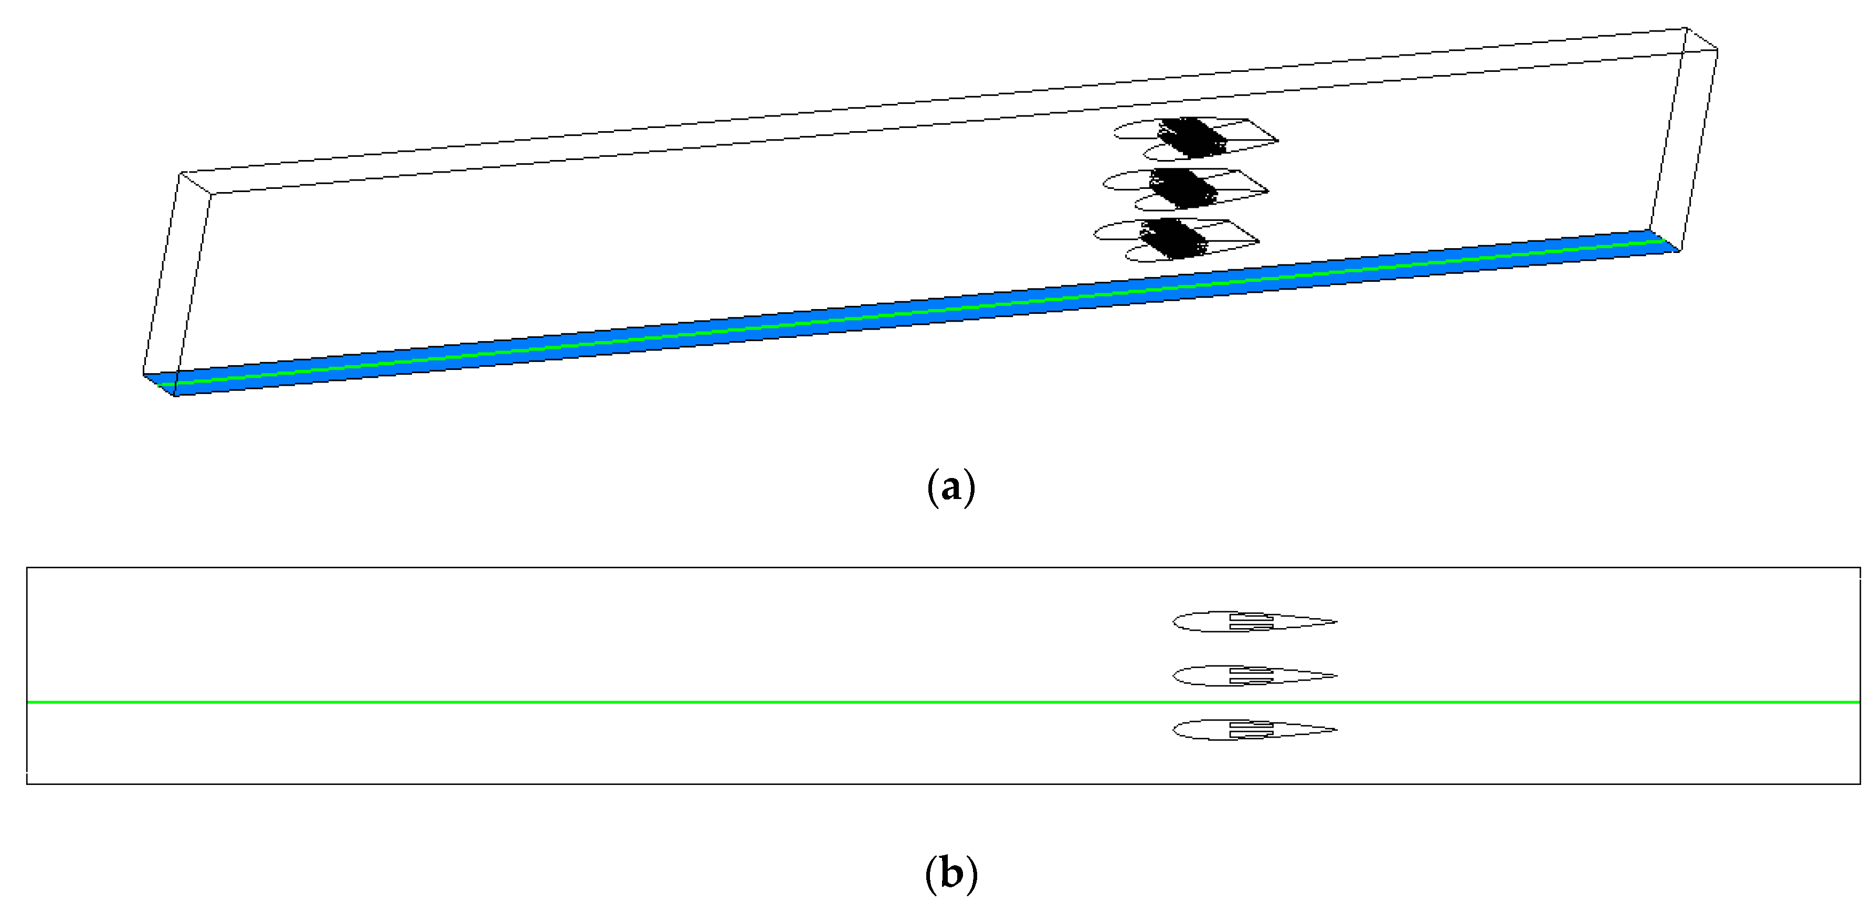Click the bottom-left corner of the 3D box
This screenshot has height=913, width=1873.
pos(175,396)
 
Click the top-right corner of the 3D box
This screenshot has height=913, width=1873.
pos(1686,28)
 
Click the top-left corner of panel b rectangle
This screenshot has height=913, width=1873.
pos(27,568)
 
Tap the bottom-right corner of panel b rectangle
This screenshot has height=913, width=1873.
pos(1860,783)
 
